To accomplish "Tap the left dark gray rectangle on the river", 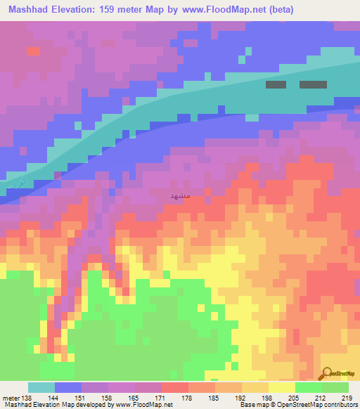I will (x=276, y=84).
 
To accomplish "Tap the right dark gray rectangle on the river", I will (x=313, y=84).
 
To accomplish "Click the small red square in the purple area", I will (x=33, y=51).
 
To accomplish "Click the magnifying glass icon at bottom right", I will (x=326, y=373).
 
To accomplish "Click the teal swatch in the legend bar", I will (x=41, y=387).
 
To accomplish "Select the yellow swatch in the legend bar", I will (x=281, y=387).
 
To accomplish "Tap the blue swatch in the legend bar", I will (x=67, y=387).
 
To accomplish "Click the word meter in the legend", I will (x=11, y=397).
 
